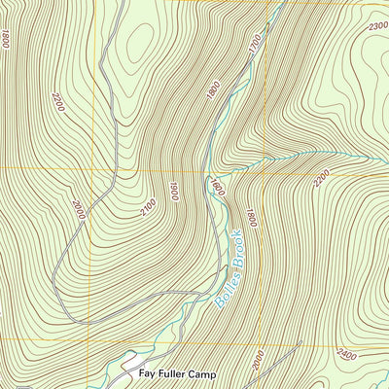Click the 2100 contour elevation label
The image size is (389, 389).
[x=149, y=206]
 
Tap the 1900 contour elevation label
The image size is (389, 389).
[x=173, y=191]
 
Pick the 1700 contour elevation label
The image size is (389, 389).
[x=255, y=44]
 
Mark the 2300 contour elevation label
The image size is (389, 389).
[x=377, y=26]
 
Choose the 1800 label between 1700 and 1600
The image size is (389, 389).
[x=213, y=88]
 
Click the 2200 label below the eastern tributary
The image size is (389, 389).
[x=322, y=178]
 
